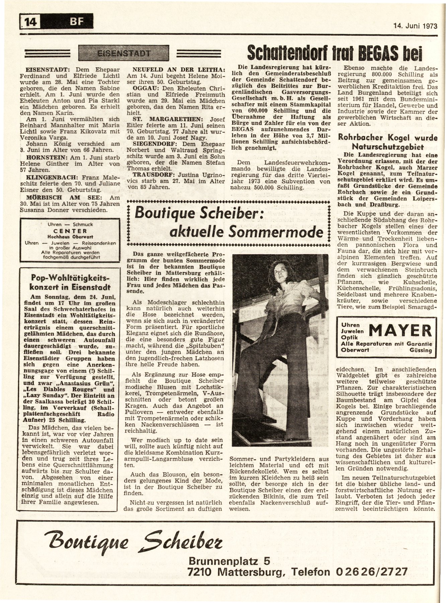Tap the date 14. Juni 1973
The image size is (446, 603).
(415, 26)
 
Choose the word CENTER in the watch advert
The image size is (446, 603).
(70, 231)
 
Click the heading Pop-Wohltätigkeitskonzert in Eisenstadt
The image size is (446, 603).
(70, 282)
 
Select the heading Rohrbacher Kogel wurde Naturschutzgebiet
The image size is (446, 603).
(388, 142)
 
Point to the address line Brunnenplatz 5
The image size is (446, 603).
(229, 560)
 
